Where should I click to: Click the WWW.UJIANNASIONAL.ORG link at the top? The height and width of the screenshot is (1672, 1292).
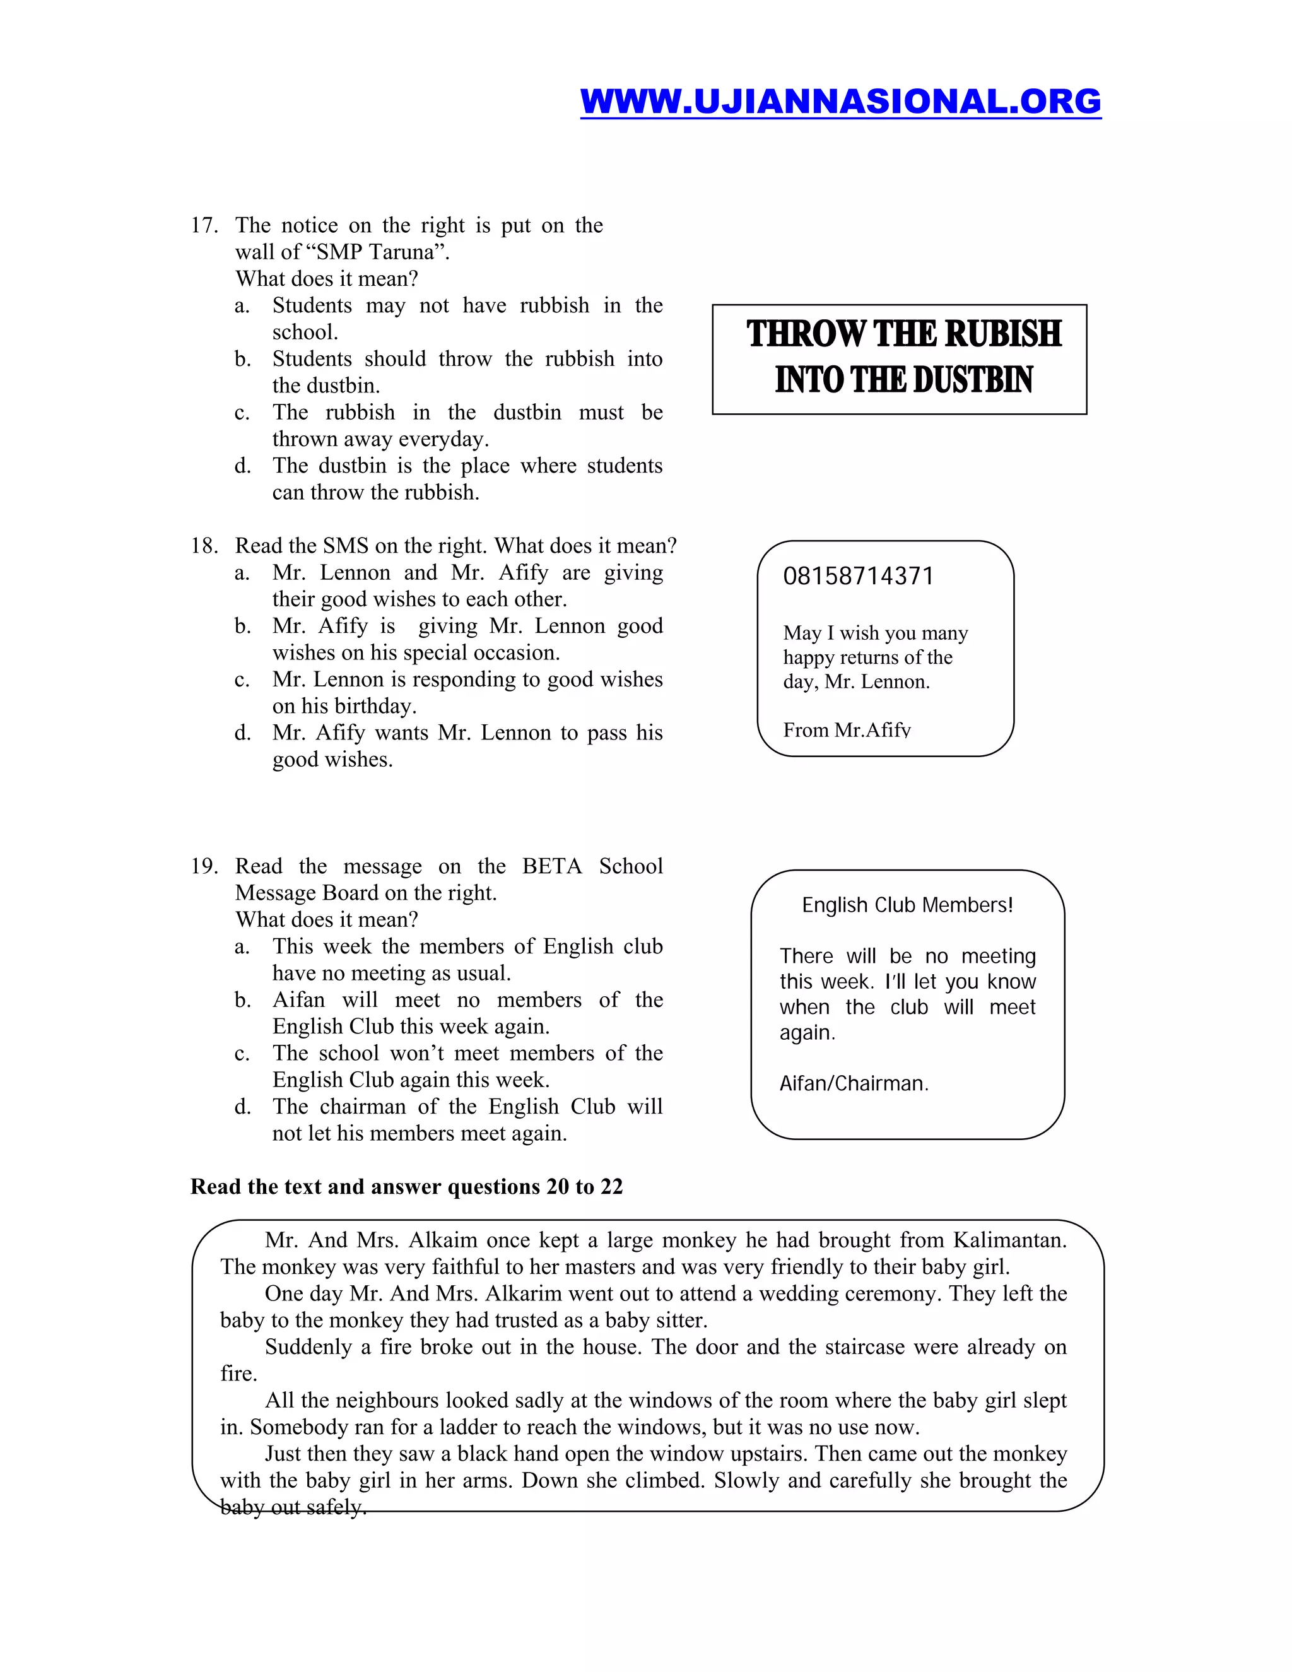tap(840, 102)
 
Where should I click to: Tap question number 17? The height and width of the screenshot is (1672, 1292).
tap(204, 225)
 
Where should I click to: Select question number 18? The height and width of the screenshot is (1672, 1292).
tap(204, 546)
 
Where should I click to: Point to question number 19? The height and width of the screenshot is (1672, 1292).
tap(204, 866)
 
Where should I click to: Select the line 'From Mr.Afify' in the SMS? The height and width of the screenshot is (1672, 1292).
tap(847, 731)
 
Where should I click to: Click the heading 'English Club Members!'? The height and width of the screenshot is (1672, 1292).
tap(907, 905)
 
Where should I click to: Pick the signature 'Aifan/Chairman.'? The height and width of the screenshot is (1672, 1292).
tap(854, 1083)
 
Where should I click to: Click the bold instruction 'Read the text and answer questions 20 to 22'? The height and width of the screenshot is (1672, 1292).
tap(406, 1187)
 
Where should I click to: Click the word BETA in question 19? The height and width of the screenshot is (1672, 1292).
tap(551, 866)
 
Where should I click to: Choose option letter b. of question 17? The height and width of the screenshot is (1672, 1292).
tap(243, 359)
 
